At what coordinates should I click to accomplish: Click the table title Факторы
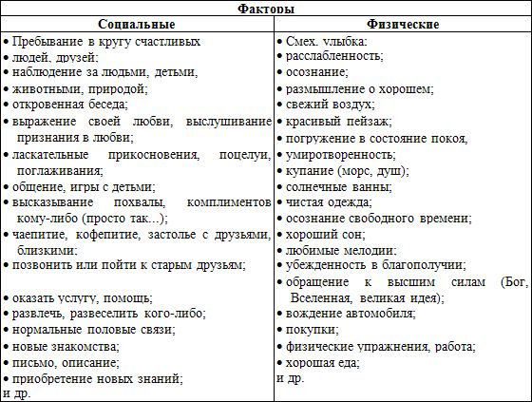coord(265,9)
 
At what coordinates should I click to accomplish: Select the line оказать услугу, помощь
coord(80,297)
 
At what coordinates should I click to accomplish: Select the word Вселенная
coord(325,298)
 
